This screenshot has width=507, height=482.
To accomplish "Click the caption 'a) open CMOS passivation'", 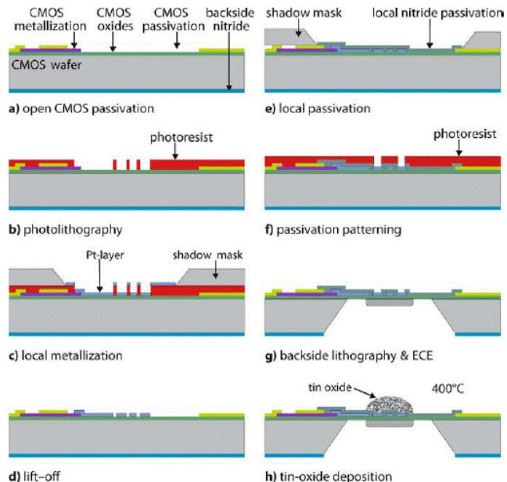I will coord(81,107).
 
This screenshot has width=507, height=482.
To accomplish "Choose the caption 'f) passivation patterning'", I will coord(333,230).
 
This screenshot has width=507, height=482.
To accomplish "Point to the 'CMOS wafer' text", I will coord(43,67).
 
